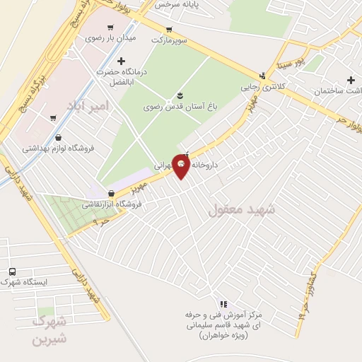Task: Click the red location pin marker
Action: point(181,165)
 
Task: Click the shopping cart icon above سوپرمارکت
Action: point(168,30)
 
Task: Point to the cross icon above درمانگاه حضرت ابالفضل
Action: point(122,62)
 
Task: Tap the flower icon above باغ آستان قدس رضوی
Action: point(178,95)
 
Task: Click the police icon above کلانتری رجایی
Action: point(263,76)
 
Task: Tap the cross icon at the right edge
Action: point(351,80)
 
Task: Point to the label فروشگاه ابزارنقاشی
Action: point(112,204)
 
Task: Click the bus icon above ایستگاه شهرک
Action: point(12,271)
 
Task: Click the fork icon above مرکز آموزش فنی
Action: point(223,304)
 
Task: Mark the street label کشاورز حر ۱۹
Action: point(308,289)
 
